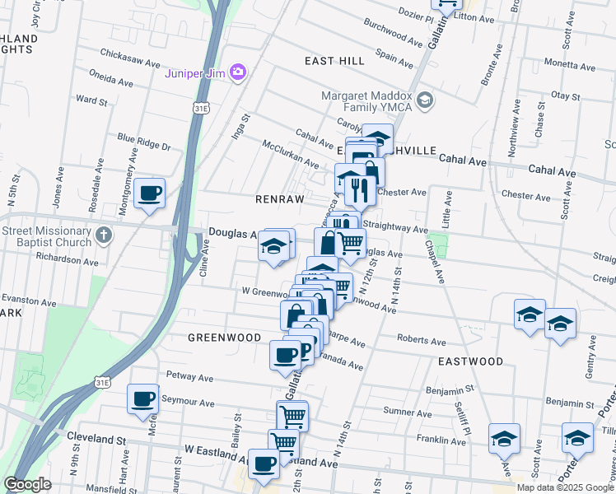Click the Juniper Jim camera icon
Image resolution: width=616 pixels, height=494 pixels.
click(238, 72)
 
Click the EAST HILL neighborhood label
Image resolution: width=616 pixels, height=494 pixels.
click(334, 62)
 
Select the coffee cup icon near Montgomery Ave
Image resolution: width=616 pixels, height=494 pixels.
click(149, 193)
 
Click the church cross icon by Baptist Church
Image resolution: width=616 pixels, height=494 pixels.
click(103, 236)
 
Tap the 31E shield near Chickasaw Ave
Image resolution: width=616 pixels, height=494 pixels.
click(201, 108)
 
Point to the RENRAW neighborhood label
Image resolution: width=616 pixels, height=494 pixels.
click(280, 199)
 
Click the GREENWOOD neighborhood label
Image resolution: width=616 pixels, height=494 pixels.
click(224, 338)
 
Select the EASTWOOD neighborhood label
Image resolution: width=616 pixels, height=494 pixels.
click(470, 361)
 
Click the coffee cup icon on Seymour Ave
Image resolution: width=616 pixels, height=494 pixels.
click(142, 399)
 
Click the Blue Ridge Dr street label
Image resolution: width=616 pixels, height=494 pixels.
click(143, 142)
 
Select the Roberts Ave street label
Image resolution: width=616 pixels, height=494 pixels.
click(421, 340)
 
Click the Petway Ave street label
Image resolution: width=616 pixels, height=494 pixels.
click(189, 379)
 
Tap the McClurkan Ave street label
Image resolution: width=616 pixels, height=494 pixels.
click(291, 154)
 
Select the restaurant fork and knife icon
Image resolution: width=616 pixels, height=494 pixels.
click(357, 190)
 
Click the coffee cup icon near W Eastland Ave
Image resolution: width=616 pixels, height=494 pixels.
click(264, 464)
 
